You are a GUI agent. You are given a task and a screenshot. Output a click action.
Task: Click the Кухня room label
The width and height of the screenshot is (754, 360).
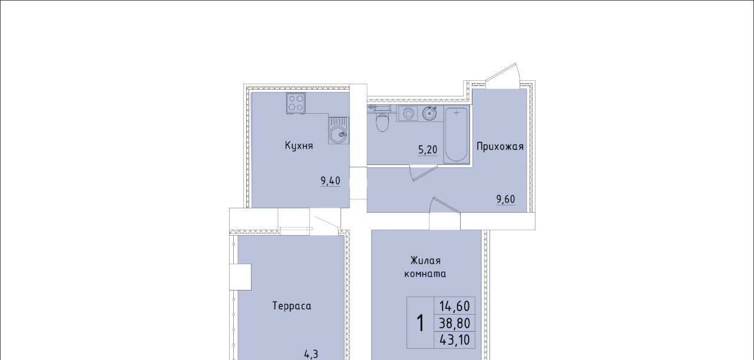pos(299,146)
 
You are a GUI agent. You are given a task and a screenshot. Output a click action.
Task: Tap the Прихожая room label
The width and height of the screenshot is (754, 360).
pos(500,147)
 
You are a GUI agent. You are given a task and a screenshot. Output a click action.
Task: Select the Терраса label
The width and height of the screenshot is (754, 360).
pos(292,306)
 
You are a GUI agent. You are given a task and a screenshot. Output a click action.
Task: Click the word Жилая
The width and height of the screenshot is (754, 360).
pos(425,260)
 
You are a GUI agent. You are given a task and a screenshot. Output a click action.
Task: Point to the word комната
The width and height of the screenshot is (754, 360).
pos(425,274)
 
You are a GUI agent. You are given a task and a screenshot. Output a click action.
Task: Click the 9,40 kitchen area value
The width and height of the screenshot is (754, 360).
pos(330,181)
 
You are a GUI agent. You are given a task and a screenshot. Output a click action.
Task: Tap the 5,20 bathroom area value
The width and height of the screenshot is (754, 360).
pos(428,150)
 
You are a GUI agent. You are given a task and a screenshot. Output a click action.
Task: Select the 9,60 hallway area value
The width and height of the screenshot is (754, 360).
pos(505,199)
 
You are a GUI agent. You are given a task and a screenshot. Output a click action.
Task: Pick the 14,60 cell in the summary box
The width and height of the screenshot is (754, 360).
pos(454,306)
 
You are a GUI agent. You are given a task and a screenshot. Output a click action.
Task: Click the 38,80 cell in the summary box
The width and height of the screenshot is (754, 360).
pos(454,323)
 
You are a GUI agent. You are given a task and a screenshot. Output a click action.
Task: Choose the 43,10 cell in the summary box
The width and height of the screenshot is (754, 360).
pos(454,340)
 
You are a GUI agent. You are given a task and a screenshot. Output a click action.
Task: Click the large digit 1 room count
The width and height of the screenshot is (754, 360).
pos(420,323)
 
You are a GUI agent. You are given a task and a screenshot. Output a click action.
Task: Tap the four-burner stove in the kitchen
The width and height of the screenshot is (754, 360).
pos(296,103)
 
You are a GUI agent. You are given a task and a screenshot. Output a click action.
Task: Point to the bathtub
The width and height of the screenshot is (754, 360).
pos(457,134)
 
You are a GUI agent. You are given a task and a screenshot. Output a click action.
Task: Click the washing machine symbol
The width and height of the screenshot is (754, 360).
pos(408,114)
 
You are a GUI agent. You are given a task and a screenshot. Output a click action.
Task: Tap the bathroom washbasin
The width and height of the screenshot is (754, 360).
pos(429,113)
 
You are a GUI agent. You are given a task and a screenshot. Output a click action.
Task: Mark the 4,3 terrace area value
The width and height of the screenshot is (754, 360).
pos(311,354)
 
